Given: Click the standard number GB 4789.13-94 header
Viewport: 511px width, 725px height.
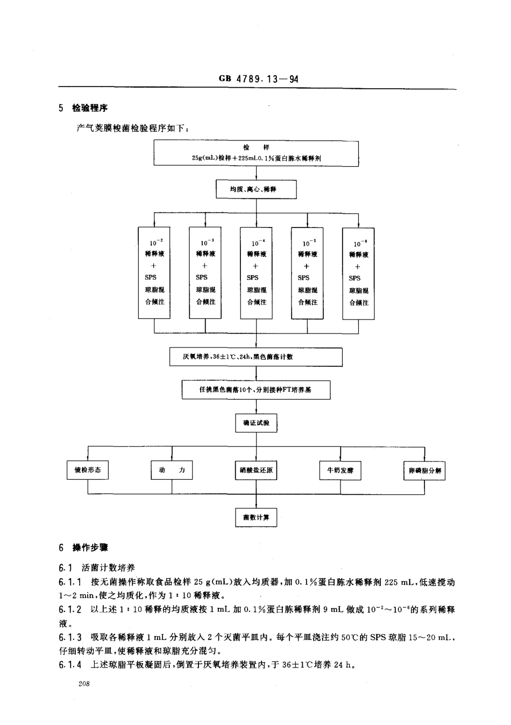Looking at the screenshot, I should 259,79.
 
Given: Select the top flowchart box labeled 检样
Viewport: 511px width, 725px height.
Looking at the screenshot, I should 256,153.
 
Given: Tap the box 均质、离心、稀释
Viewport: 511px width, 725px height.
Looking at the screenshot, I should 256,189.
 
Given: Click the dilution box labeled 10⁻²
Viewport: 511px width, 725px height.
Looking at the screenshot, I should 154,273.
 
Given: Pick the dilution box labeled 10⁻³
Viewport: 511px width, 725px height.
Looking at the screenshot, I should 205,273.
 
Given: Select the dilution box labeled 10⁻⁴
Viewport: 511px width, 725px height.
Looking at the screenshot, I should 256,273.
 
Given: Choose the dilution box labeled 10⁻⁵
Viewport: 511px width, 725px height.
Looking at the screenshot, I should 307,273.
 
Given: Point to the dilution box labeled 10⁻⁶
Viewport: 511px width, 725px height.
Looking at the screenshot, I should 358,273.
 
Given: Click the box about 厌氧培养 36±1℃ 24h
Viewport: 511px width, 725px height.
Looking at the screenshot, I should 256,357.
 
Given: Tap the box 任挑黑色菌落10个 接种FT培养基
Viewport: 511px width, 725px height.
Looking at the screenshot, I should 256,390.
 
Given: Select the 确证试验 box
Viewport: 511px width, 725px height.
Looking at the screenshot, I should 256,423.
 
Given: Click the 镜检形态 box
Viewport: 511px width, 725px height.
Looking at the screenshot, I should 88,471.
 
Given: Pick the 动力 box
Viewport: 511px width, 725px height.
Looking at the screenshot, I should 172,471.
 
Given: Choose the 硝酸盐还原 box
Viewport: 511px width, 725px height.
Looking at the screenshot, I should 256,471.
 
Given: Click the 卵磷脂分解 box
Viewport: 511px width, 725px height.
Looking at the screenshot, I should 424,471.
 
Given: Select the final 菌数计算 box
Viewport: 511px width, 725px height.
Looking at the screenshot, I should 256,517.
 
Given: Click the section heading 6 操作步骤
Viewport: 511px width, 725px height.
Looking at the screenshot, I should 83,548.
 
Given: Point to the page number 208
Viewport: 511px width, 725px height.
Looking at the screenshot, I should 84,684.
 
